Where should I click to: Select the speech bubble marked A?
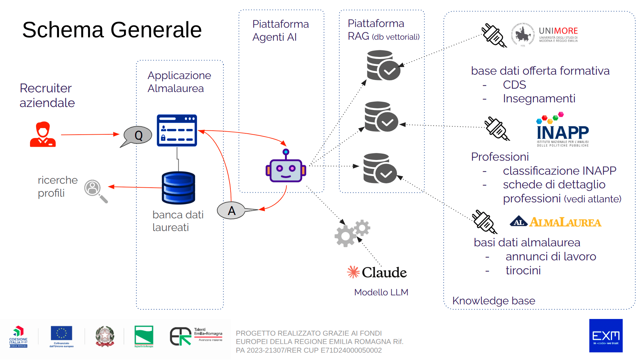click(x=231, y=210)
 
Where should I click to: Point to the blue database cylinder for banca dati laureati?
click(x=178, y=188)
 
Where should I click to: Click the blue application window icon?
click(x=177, y=130)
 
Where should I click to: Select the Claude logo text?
click(x=384, y=272)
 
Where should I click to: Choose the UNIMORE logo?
click(x=545, y=35)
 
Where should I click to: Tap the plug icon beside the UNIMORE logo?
click(x=494, y=35)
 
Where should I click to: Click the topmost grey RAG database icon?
click(x=383, y=65)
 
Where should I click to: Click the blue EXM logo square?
click(x=606, y=335)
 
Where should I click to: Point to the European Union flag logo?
click(x=61, y=334)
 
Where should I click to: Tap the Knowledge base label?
click(x=493, y=301)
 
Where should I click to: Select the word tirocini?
click(x=523, y=270)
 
